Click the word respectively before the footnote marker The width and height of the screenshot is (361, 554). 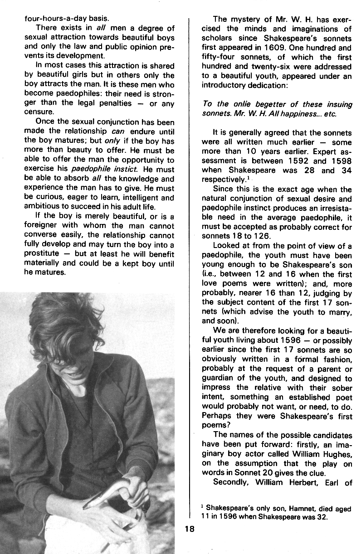223,180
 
